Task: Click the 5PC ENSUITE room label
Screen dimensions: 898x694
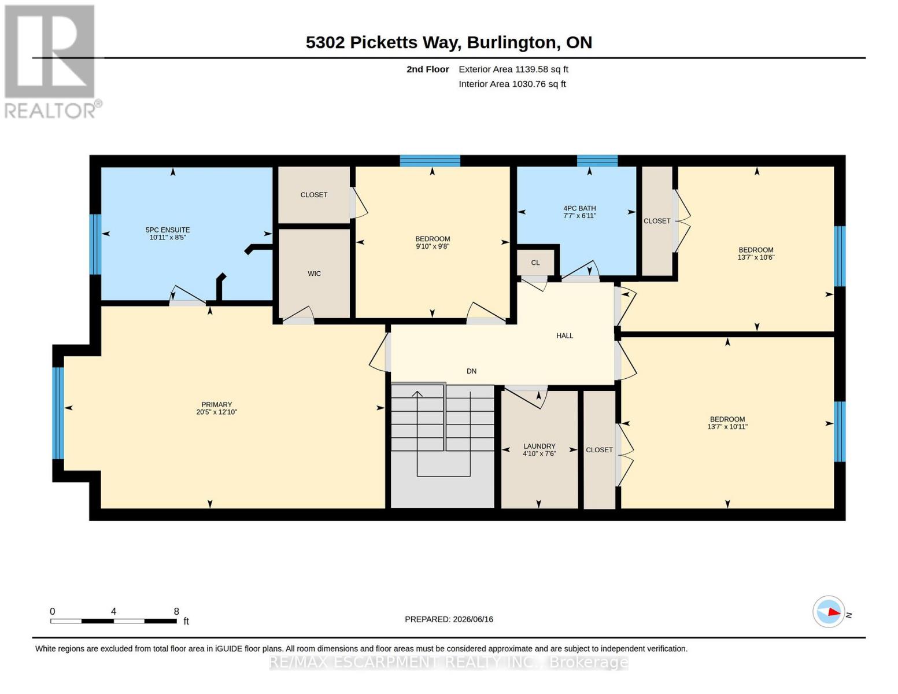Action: tap(167, 230)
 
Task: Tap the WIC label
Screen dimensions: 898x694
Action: tap(314, 274)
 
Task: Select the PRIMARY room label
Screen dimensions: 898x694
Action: tap(216, 404)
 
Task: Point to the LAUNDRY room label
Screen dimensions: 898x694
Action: tap(539, 446)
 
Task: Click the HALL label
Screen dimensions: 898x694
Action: tap(564, 335)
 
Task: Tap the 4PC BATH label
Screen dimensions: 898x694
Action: tap(579, 208)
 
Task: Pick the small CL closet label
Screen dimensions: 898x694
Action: tap(535, 263)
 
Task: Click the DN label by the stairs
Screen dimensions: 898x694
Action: tap(471, 371)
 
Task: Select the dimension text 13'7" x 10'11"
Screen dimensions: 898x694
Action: tap(727, 427)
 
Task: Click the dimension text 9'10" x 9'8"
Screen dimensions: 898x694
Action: tap(433, 246)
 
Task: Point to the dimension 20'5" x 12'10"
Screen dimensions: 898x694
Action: tap(216, 412)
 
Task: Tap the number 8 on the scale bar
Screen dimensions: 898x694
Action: tap(176, 611)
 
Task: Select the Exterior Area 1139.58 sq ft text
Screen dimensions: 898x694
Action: tap(513, 69)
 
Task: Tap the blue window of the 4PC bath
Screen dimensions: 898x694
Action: tap(597, 161)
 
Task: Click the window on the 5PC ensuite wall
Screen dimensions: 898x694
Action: tap(95, 244)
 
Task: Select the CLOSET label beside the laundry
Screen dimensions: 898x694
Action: tap(599, 450)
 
